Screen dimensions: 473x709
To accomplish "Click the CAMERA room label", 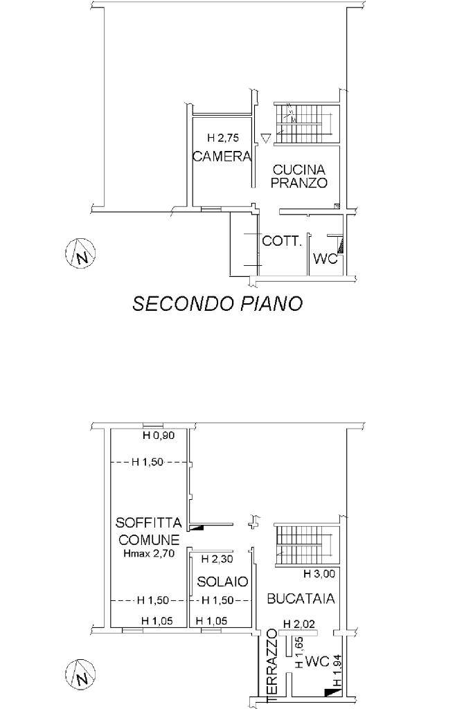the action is pyautogui.click(x=222, y=156).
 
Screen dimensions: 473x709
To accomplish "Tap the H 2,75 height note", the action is pyautogui.click(x=222, y=138).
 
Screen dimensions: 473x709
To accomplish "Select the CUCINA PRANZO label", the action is pyautogui.click(x=299, y=177).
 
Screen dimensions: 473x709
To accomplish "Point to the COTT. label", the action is pyautogui.click(x=282, y=241).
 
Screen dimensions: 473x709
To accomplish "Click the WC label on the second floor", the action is pyautogui.click(x=326, y=259).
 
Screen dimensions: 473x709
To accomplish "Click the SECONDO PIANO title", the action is pyautogui.click(x=217, y=303).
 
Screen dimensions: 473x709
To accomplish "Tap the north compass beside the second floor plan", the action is pyautogui.click(x=80, y=253).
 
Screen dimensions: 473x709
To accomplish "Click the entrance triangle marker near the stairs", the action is pyautogui.click(x=266, y=138).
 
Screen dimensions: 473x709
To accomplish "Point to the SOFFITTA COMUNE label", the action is pyautogui.click(x=149, y=531).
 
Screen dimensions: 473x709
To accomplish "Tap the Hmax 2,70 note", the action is pyautogui.click(x=149, y=553).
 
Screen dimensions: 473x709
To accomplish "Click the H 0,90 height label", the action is pyautogui.click(x=159, y=436).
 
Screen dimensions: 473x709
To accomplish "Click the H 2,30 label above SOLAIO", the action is pyautogui.click(x=217, y=559).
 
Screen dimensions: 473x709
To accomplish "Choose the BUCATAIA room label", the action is pyautogui.click(x=301, y=599).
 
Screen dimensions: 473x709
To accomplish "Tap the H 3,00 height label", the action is pyautogui.click(x=319, y=574).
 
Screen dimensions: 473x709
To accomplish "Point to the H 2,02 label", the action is pyautogui.click(x=299, y=624).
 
